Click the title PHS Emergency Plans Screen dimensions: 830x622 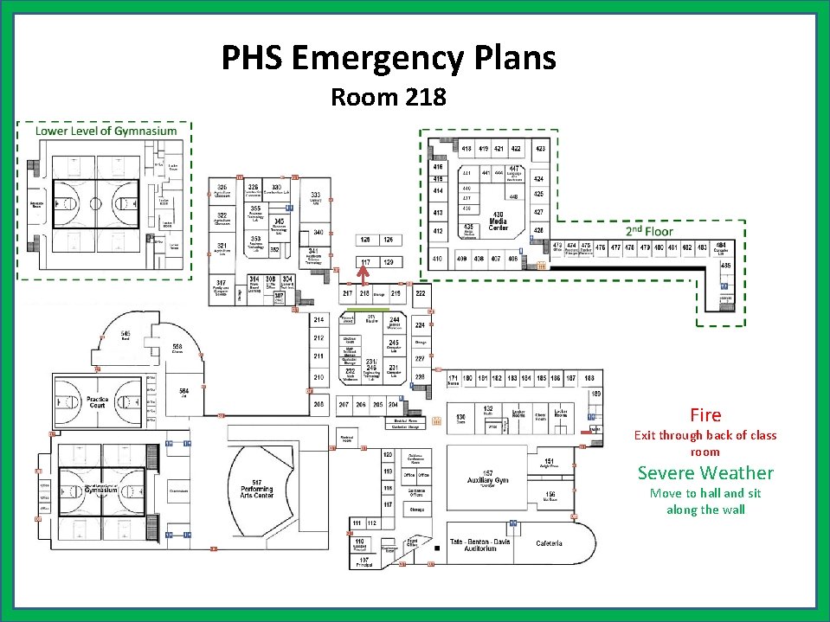click(389, 59)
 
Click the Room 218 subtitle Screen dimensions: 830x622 click(389, 97)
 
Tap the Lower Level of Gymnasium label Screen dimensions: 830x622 click(106, 131)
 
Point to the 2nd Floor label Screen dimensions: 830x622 click(649, 231)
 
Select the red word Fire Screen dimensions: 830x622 click(705, 415)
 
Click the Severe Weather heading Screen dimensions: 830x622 click(705, 472)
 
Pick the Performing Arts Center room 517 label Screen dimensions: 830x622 click(257, 488)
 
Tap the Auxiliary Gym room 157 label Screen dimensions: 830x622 click(489, 477)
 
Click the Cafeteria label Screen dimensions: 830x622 click(549, 543)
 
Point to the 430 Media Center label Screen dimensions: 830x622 click(498, 221)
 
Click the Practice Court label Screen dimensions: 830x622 click(97, 403)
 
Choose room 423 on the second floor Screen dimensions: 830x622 click(540, 149)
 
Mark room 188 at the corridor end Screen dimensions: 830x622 click(589, 378)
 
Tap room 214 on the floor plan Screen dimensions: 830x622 click(318, 320)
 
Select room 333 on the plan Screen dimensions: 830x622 click(317, 197)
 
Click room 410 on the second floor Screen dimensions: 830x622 click(438, 258)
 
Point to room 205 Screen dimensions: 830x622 click(318, 404)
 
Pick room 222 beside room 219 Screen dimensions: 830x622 click(420, 294)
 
